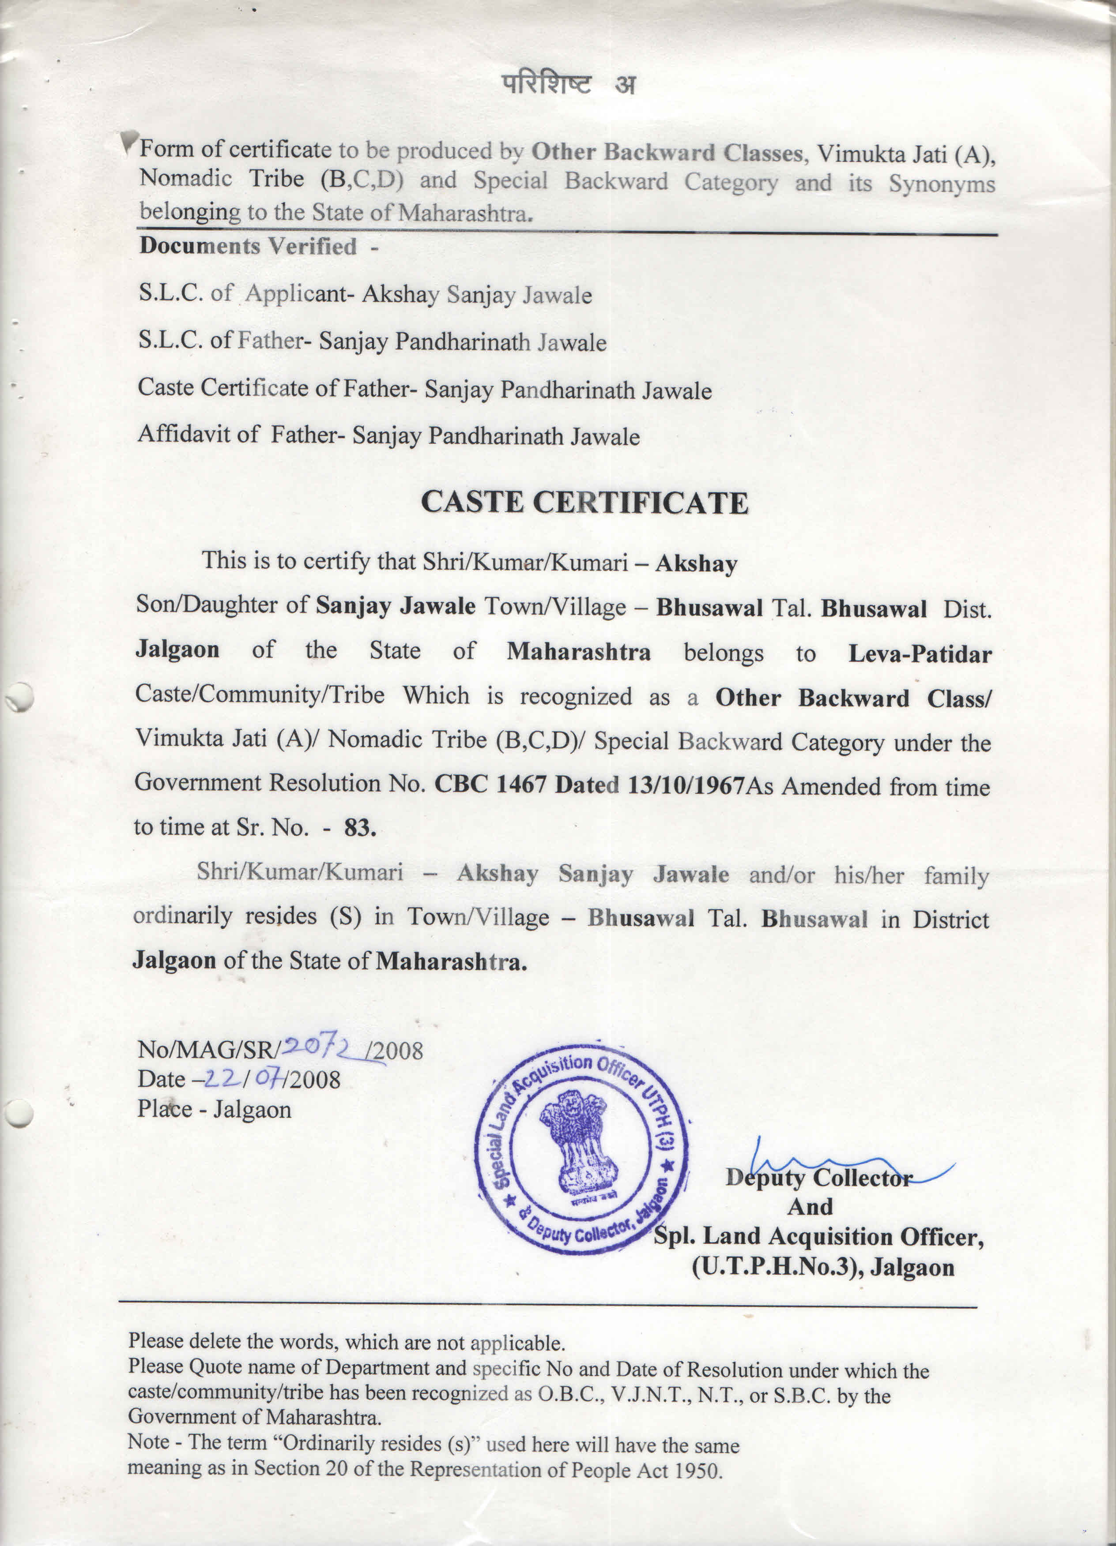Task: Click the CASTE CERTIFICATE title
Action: click(x=584, y=503)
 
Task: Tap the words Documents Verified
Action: click(x=248, y=246)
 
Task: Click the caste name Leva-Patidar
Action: click(x=920, y=654)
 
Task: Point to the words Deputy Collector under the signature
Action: click(x=818, y=1178)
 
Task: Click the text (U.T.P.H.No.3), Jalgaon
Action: click(x=823, y=1267)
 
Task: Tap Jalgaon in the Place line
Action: click(x=253, y=1110)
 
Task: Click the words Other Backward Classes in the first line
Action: click(x=667, y=153)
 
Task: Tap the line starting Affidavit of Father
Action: click(x=389, y=435)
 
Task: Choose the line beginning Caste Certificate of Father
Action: click(x=424, y=389)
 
